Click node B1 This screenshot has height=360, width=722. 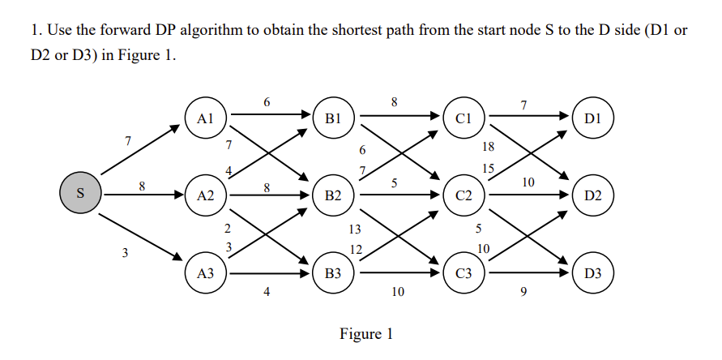(x=334, y=117)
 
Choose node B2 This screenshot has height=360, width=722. (x=334, y=195)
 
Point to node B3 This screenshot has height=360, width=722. (x=334, y=274)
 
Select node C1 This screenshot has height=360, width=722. (x=464, y=117)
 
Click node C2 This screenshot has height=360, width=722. (x=464, y=195)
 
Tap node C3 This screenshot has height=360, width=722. (x=464, y=274)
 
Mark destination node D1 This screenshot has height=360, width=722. (x=592, y=117)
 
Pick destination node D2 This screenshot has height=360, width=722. (x=592, y=195)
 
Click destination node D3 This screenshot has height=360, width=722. (x=592, y=274)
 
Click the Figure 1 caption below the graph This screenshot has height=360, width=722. (x=366, y=334)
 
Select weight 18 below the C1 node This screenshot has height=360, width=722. (x=487, y=147)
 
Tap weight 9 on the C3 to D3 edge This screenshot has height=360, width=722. (x=523, y=292)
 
